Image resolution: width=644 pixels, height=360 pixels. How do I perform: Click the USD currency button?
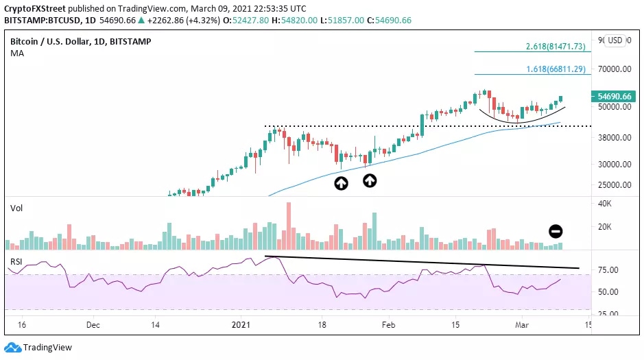point(615,40)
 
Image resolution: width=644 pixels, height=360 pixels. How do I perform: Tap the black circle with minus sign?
point(556,231)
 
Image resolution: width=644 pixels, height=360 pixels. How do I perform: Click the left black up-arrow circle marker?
point(341,183)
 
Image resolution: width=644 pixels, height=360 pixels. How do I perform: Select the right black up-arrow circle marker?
point(370,180)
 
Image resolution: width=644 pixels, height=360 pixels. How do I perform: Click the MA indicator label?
point(16,53)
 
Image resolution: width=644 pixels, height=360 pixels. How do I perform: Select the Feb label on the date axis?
point(388,324)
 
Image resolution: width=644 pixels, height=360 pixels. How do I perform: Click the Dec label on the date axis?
point(94,324)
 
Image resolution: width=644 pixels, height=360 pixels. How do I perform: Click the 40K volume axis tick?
point(604,203)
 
